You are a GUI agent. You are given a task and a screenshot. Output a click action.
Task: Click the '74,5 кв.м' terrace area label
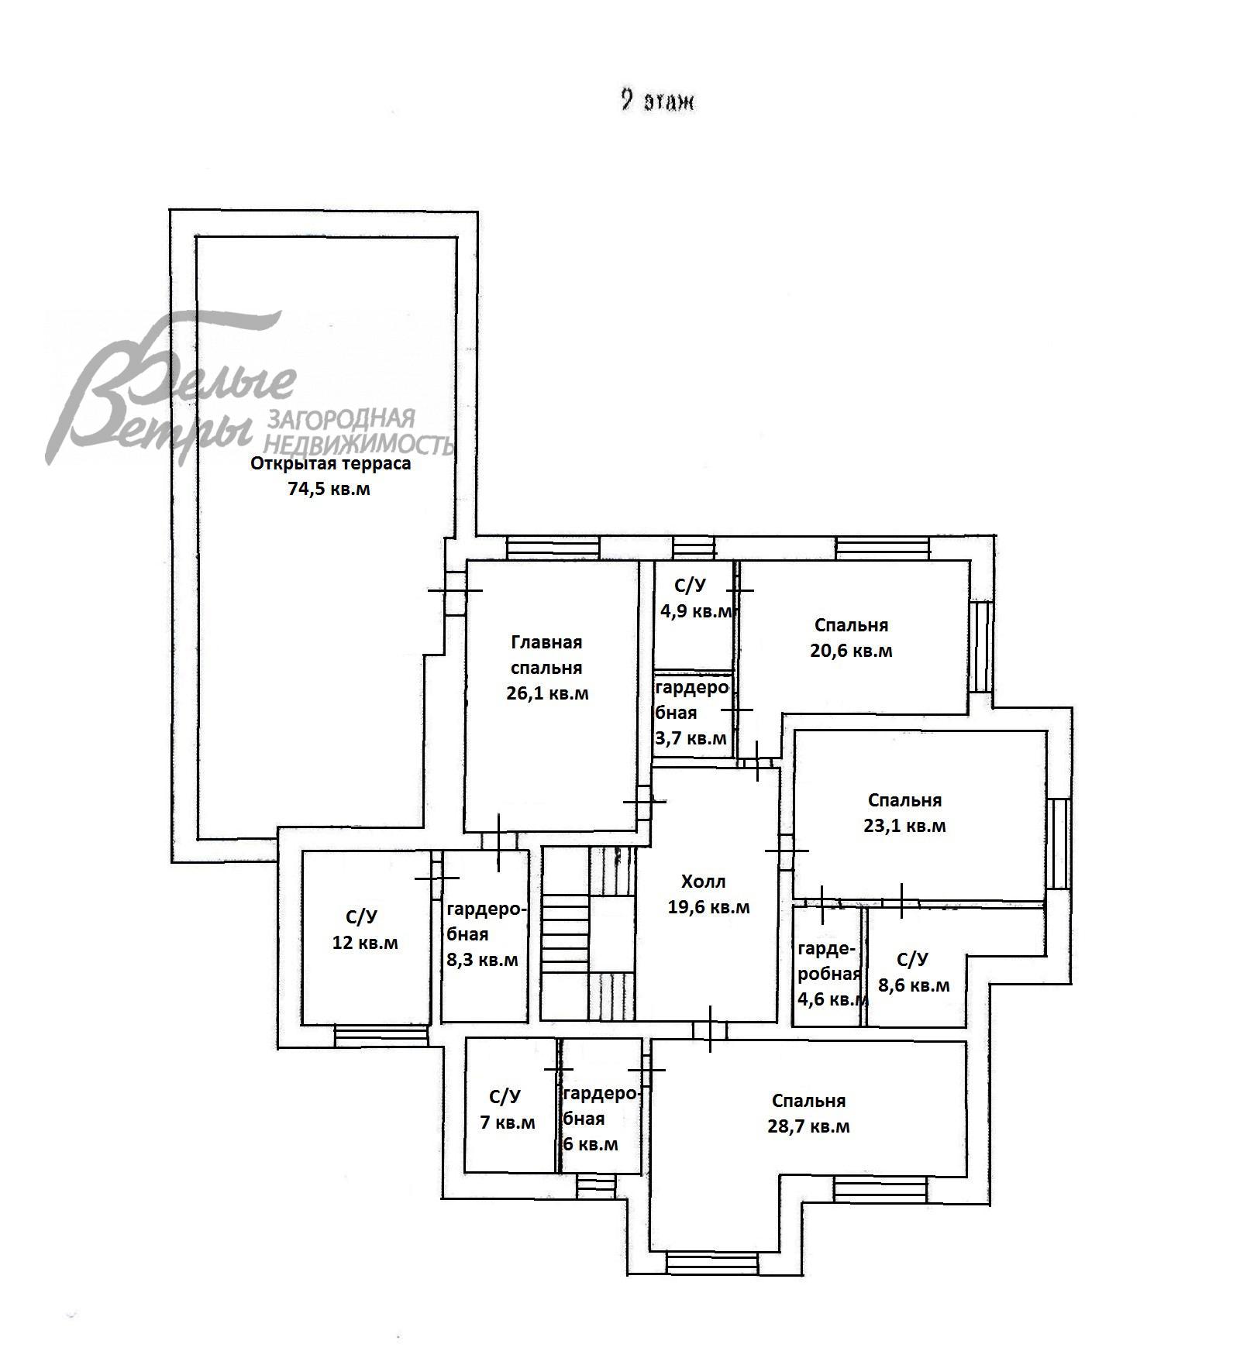pyautogui.click(x=329, y=490)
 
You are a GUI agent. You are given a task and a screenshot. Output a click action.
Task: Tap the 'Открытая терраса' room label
pyautogui.click(x=331, y=464)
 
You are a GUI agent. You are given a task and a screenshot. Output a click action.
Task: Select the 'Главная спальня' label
pyautogui.click(x=546, y=655)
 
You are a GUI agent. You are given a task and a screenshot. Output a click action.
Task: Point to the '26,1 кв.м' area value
pyautogui.click(x=547, y=693)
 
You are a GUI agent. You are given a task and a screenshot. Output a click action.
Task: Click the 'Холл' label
pyautogui.click(x=704, y=881)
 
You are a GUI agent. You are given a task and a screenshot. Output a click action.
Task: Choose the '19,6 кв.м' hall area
pyautogui.click(x=708, y=907)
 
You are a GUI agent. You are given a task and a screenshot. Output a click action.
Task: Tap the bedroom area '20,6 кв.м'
pyautogui.click(x=851, y=651)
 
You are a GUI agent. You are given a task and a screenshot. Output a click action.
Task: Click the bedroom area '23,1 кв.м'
pyautogui.click(x=904, y=826)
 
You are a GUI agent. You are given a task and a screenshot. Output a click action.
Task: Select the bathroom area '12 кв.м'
pyautogui.click(x=365, y=943)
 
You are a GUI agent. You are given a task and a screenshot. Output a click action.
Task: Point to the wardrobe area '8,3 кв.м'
pyautogui.click(x=482, y=960)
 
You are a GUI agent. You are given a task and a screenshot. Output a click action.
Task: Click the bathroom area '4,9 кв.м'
pyautogui.click(x=695, y=611)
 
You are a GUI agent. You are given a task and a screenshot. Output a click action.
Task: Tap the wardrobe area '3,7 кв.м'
pyautogui.click(x=691, y=738)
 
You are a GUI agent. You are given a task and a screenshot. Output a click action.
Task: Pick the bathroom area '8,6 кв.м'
pyautogui.click(x=914, y=985)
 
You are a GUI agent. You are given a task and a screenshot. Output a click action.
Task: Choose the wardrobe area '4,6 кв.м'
pyautogui.click(x=832, y=999)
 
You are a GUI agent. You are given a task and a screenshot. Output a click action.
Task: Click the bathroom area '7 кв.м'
pyautogui.click(x=508, y=1122)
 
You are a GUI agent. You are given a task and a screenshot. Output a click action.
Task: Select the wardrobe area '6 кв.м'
pyautogui.click(x=591, y=1144)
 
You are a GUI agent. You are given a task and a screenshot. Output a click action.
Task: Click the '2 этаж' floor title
pyautogui.click(x=657, y=101)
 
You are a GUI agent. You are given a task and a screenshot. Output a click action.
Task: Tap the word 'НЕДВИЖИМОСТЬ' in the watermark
pyautogui.click(x=358, y=443)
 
